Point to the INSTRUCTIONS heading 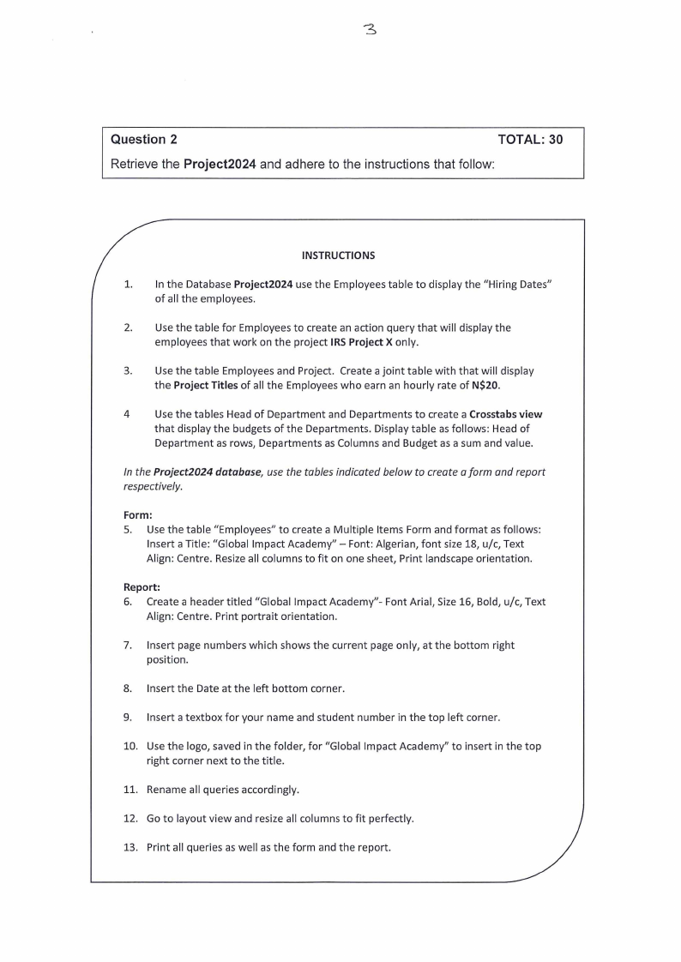pyautogui.click(x=338, y=255)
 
